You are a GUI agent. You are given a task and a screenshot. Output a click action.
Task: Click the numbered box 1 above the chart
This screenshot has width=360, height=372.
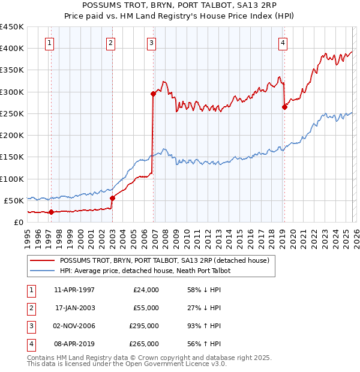pos(49,43)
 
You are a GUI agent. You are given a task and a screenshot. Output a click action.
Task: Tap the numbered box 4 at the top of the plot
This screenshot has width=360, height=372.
pos(282,43)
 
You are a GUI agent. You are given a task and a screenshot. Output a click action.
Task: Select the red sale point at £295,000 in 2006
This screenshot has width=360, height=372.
pos(153,94)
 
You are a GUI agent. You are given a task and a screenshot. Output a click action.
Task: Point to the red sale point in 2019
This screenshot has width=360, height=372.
pos(285,107)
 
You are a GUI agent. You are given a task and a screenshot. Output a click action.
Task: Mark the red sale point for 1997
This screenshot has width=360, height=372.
pos(51,211)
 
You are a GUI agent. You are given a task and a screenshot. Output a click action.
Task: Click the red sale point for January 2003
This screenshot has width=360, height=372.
pos(112,197)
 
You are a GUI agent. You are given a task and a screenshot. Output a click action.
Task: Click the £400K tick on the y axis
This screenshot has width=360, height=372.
pos(12,49)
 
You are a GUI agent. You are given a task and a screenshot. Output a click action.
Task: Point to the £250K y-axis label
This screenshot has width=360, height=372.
pos(12,113)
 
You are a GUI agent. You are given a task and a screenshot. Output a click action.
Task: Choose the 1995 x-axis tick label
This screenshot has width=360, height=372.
pos(28,238)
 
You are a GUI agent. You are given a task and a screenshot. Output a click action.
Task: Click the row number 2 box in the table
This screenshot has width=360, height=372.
pos(31,308)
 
